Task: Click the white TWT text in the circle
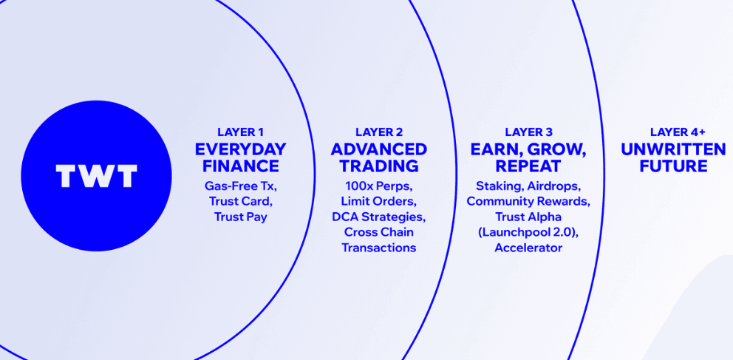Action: pos(96,176)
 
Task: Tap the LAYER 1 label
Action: pos(240,132)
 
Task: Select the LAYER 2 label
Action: pos(378,132)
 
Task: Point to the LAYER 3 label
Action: pos(528,132)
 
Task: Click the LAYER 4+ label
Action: pos(673,132)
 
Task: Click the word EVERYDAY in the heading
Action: pos(240,149)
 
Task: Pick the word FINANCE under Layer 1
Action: pos(240,166)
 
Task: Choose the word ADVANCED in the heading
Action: pos(378,149)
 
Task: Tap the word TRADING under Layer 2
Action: pos(378,166)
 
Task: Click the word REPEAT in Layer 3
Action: pos(528,166)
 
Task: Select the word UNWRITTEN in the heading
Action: pos(673,149)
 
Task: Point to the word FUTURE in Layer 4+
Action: pos(673,166)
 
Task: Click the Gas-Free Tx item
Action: pos(241,186)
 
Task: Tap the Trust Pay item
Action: pos(241,217)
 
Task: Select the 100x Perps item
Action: pos(378,186)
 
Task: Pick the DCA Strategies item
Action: pos(378,217)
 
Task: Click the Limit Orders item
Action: pos(378,202)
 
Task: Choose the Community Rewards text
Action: pos(528,202)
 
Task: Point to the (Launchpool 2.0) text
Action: pos(528,232)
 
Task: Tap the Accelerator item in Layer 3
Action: pos(528,248)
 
